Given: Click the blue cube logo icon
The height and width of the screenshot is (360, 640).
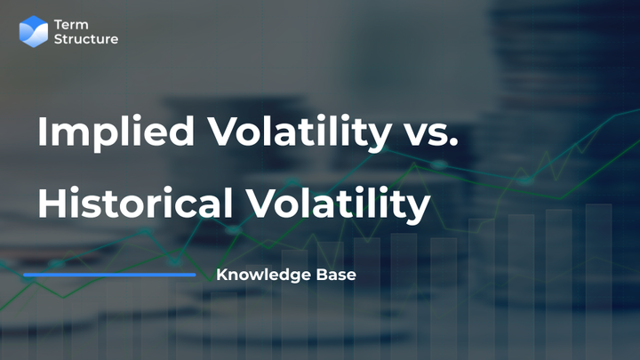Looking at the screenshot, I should tap(34, 31).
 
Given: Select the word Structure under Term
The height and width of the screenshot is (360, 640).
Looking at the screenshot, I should tap(86, 39).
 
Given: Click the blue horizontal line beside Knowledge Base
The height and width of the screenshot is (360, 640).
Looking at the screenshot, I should tap(108, 275).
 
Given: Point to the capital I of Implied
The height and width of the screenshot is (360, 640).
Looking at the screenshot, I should tap(42, 132).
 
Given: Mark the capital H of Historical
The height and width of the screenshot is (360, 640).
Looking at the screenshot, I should tap(52, 204).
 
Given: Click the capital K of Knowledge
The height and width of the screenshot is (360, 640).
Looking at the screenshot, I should tap(221, 275).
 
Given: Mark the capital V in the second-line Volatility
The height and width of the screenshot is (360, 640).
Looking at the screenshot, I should tap(272, 204).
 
